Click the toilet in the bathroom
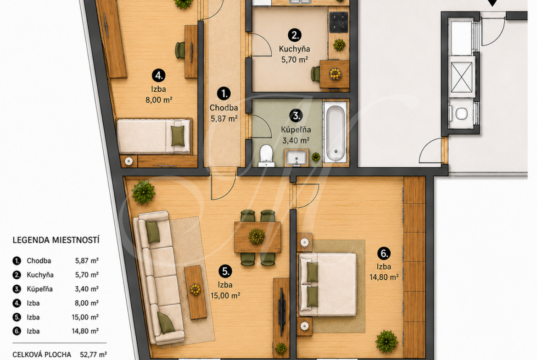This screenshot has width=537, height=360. (266, 156)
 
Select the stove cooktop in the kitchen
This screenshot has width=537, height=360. (338, 22)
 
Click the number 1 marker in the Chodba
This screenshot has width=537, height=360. (224, 94)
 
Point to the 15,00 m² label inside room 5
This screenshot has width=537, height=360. (225, 295)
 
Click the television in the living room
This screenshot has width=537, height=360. (282, 311)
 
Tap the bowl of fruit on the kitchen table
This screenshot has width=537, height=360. (335, 74)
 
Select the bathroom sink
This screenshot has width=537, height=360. (296, 158)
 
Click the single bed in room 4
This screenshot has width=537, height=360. (154, 136)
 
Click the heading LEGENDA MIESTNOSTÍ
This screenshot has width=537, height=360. (56, 240)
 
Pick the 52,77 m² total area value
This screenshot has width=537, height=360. (94, 354)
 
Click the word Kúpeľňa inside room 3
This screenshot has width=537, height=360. (296, 130)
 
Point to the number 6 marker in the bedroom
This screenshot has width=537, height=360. (384, 254)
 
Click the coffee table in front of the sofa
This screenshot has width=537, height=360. (196, 292)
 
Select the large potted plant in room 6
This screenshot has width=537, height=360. (386, 342)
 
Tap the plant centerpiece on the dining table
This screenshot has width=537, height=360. (257, 237)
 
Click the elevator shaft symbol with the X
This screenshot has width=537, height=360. (461, 78)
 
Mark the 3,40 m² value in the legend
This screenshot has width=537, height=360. (87, 289)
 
